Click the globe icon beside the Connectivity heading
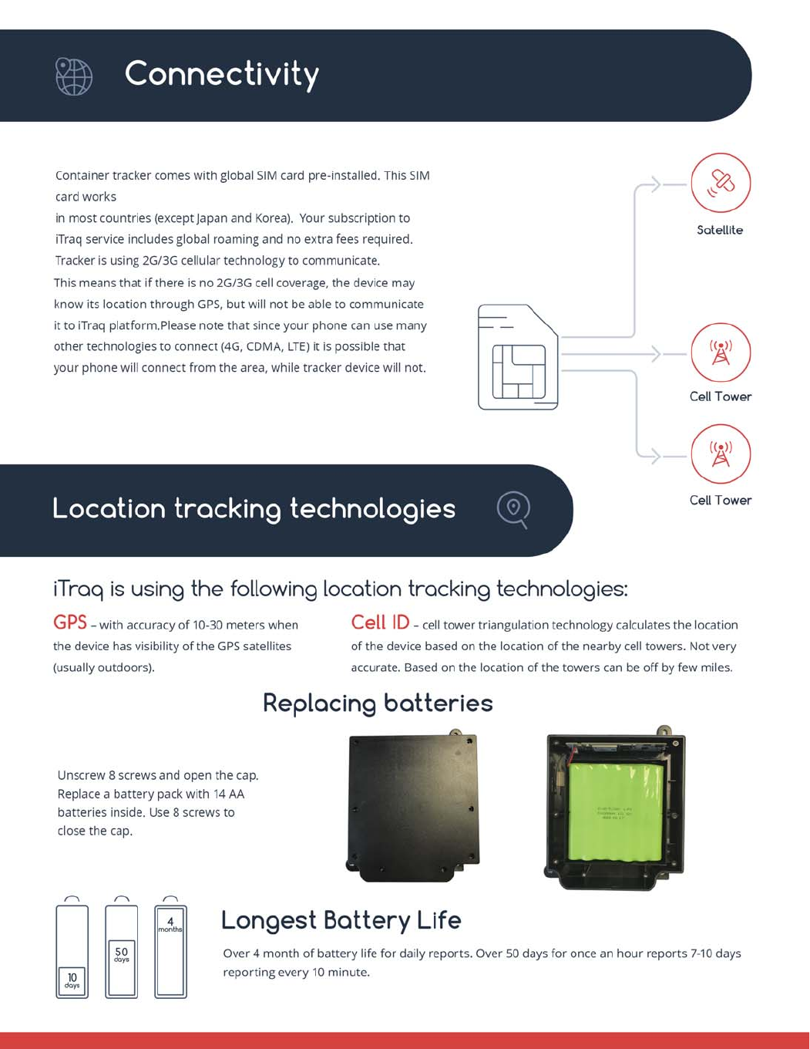74,76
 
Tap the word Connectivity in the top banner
221,74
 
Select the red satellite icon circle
721,183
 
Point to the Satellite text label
720,230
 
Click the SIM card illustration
517,357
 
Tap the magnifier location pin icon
513,509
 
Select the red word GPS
69,622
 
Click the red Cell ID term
380,622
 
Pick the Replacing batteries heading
378,703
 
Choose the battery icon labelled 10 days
72,952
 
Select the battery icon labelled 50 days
122,952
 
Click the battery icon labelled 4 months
170,952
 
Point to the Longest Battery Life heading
341,920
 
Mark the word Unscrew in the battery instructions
79,775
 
